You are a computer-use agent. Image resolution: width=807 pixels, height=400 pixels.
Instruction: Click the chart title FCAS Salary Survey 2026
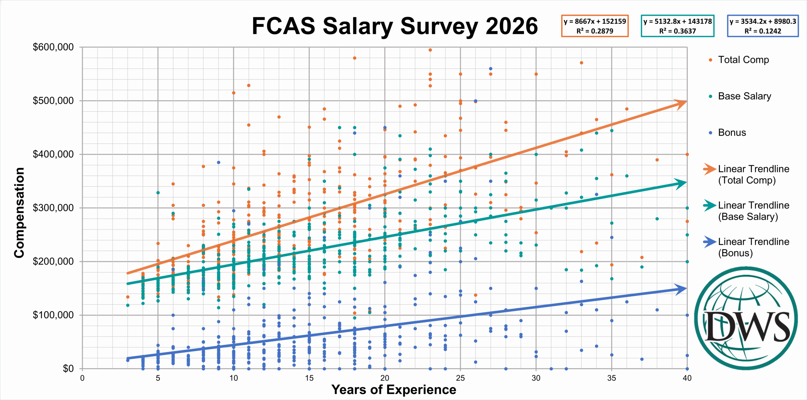coord(395,26)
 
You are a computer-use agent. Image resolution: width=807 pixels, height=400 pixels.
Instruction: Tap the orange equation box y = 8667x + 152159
coord(595,26)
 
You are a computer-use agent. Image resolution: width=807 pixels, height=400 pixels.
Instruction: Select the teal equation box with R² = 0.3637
coord(677,26)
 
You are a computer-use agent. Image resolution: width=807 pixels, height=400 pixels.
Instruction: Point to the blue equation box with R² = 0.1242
coord(763,26)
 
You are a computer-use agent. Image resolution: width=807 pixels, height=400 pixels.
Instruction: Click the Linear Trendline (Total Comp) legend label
coord(754,174)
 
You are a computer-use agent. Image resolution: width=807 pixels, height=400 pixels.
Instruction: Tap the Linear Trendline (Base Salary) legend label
coord(754,211)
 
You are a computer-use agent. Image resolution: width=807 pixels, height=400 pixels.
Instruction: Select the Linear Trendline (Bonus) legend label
coord(754,247)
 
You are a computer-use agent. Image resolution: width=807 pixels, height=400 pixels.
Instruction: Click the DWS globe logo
coord(746,318)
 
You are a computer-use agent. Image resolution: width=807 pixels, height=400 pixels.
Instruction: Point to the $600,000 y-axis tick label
coord(53,47)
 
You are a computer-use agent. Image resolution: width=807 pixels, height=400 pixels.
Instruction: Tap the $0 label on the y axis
coord(68,369)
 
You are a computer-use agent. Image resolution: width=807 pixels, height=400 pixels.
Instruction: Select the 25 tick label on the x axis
coord(460,378)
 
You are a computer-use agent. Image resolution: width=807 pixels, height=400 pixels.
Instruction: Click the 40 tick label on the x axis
coord(687,378)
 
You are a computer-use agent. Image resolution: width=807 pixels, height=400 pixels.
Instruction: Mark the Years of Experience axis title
coord(394,390)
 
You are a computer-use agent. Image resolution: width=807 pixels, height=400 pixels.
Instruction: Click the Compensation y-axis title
coord(19,213)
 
